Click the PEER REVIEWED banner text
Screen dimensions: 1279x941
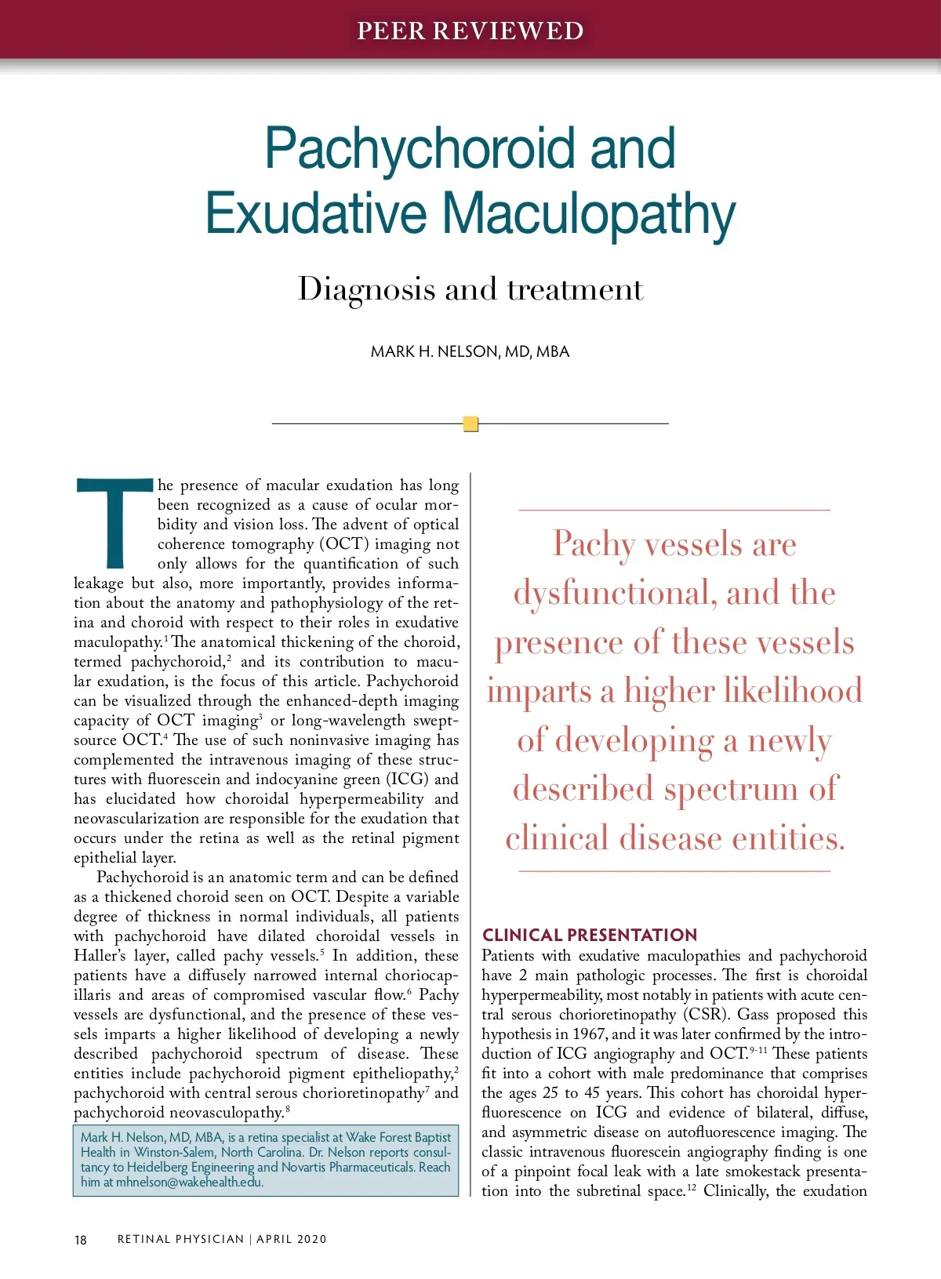click(x=470, y=31)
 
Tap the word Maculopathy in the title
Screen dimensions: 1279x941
click(x=588, y=213)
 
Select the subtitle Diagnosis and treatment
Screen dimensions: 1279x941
click(x=470, y=289)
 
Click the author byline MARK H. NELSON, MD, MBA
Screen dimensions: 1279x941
click(x=470, y=352)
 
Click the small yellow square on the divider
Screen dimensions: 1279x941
click(x=470, y=424)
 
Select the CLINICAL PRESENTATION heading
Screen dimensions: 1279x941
click(x=589, y=935)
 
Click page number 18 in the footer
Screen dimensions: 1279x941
click(x=81, y=1240)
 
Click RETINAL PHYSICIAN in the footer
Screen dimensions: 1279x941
click(x=180, y=1239)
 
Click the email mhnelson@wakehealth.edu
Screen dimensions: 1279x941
click(x=189, y=1183)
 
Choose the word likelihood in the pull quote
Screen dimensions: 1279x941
click(x=792, y=691)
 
